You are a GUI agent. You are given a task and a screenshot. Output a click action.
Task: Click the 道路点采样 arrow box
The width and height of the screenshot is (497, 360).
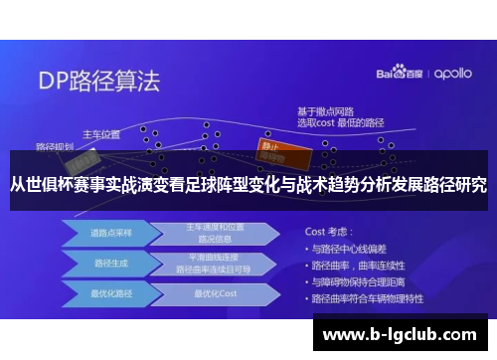click(x=104, y=233)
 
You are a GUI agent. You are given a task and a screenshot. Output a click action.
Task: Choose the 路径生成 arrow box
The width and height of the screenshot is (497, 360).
click(x=104, y=264)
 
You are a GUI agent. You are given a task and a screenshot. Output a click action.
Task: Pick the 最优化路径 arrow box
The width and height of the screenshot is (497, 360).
click(x=104, y=294)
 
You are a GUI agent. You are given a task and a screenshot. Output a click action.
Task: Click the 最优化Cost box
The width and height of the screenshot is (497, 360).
click(x=213, y=294)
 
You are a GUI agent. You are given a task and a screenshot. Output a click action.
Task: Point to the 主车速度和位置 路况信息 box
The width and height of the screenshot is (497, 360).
click(x=213, y=233)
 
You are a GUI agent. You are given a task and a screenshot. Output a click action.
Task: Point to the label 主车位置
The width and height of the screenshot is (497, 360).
click(x=100, y=132)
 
